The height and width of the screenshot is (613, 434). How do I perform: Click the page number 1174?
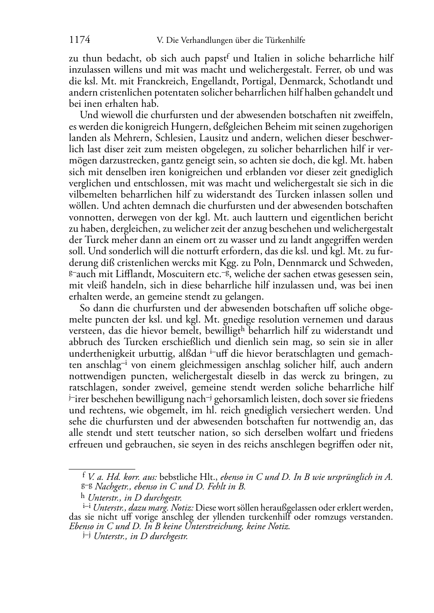(x=80, y=40)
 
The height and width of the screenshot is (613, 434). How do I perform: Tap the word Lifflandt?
(x=132, y=274)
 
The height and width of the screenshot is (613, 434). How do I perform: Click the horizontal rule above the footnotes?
(x=102, y=469)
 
